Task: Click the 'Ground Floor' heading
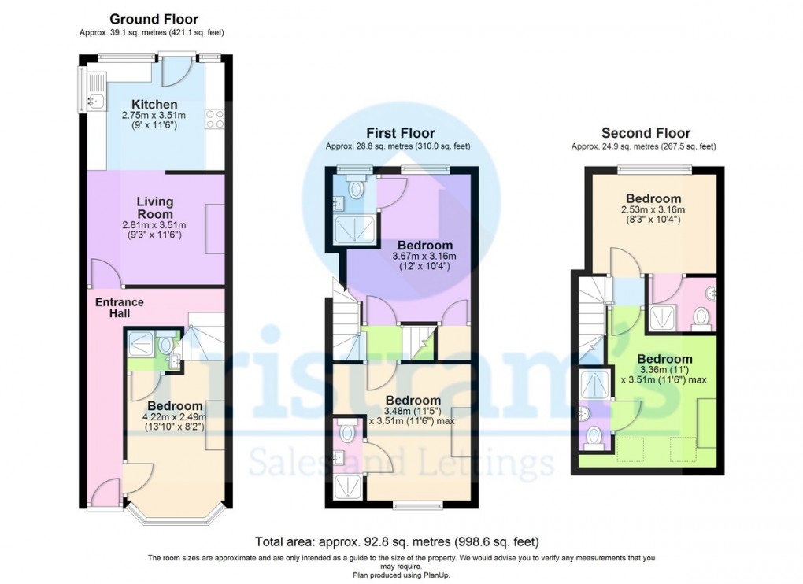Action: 154,19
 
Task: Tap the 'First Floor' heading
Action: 400,133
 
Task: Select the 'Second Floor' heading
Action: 646,133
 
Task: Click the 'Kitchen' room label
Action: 154,105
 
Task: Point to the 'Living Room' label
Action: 154,208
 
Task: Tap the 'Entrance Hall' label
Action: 120,307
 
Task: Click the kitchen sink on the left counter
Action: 95,100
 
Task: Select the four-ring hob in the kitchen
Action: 215,118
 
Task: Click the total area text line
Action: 397,541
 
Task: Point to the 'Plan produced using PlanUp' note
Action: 401,575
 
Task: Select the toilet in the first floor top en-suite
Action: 357,187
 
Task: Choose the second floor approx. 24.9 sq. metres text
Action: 643,146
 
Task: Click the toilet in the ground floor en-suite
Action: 166,343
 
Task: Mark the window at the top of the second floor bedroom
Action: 654,168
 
